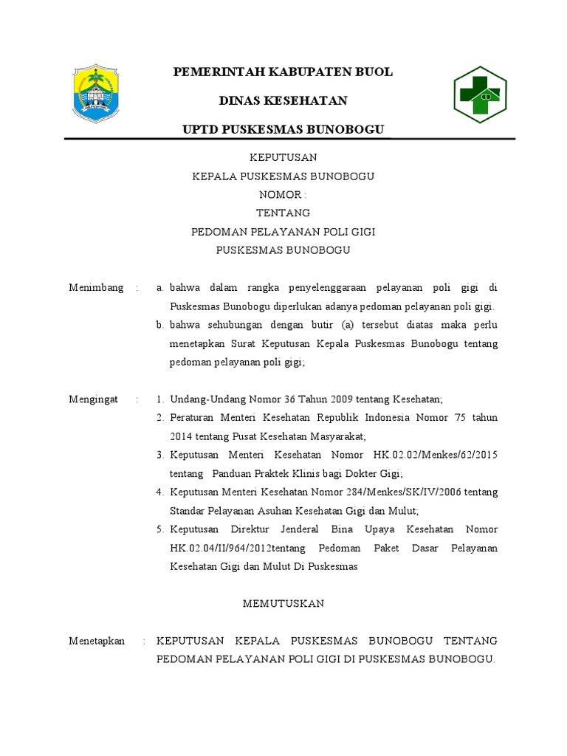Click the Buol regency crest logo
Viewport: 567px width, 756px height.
[94, 94]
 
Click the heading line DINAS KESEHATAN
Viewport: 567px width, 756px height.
[283, 100]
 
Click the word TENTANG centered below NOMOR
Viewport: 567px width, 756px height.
[283, 213]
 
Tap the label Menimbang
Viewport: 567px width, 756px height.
[96, 287]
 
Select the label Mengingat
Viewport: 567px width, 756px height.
[94, 399]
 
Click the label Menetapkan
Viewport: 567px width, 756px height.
[97, 641]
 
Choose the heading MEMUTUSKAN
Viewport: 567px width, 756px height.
[283, 604]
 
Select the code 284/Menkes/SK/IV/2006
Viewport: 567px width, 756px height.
[402, 492]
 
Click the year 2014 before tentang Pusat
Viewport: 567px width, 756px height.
[181, 436]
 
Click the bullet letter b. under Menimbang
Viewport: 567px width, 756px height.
[160, 325]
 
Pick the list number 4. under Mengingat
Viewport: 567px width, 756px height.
[160, 492]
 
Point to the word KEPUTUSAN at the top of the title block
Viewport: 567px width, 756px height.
[283, 157]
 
